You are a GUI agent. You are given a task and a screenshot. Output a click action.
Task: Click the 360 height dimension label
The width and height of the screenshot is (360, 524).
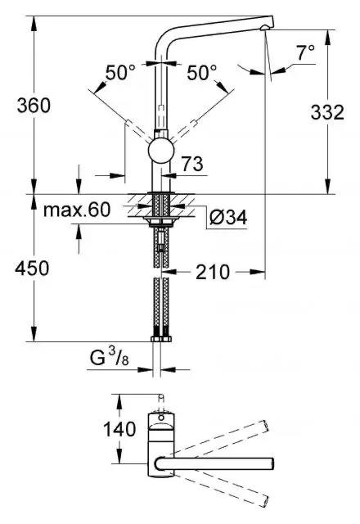point(34,106)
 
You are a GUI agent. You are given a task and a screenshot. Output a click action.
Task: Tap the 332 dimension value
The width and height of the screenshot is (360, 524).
point(327,112)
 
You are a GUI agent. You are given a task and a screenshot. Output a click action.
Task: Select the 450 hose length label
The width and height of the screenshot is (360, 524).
point(32,269)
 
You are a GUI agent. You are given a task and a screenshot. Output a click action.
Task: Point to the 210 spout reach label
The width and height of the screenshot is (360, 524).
point(213,272)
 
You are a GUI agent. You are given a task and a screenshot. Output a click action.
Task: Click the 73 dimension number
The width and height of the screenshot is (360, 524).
point(192,164)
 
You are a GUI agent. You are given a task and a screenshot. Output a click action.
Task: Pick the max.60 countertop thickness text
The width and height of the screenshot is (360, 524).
point(77,210)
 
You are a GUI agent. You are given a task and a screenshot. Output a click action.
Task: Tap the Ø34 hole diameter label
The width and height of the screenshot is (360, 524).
point(228,218)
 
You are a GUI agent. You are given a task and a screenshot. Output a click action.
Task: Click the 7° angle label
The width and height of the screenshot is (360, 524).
point(305,52)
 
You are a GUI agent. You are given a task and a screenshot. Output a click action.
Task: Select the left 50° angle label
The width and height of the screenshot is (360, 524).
point(120,73)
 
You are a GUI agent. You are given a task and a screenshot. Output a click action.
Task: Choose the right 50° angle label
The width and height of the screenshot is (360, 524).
point(202,73)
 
